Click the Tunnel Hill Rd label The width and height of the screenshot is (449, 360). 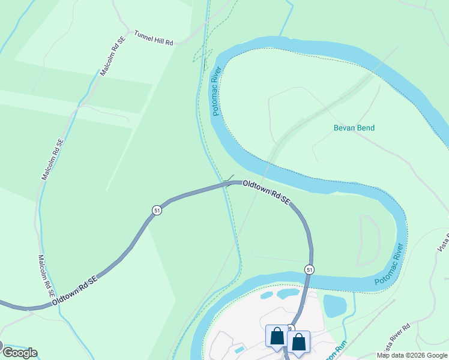153,38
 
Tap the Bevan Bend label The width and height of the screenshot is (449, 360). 354,128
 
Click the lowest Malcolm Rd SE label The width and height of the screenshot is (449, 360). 46,277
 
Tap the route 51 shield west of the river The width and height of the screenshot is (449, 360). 157,211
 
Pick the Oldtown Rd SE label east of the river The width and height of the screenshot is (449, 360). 267,193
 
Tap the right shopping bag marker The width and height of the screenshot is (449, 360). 298,343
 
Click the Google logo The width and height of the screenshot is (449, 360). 19,352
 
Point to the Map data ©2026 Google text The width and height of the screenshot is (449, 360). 412,355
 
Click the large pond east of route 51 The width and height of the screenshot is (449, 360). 335,305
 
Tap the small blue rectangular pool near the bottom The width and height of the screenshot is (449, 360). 240,349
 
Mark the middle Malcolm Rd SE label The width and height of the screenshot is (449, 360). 52,160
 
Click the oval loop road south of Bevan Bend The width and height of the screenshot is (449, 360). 369,240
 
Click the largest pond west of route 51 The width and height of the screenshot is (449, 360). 288,293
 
